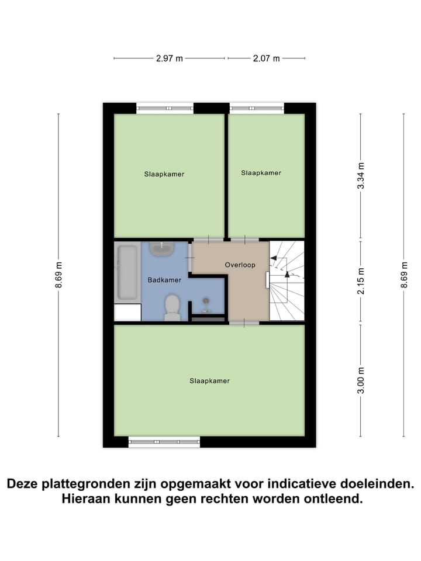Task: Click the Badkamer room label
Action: (x=164, y=280)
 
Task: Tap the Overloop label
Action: (x=240, y=265)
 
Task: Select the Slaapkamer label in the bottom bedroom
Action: (x=209, y=380)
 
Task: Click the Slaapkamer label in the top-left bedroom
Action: (x=164, y=174)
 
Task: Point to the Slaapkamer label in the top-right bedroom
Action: (x=261, y=172)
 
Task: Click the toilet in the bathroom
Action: (x=172, y=307)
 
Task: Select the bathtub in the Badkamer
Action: (x=127, y=272)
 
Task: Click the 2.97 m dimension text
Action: (x=169, y=58)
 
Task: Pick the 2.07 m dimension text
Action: (x=266, y=58)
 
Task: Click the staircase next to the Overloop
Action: (x=287, y=281)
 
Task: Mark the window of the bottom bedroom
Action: (x=164, y=442)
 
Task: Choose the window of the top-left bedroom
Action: (x=165, y=108)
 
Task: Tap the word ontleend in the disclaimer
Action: (x=334, y=500)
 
